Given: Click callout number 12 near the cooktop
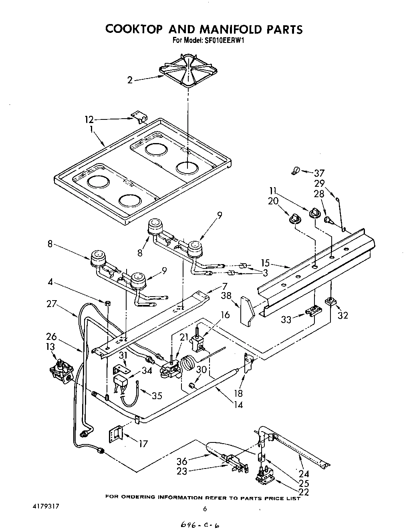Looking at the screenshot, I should pyautogui.click(x=89, y=119).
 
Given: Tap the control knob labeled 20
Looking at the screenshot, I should pyautogui.click(x=295, y=218).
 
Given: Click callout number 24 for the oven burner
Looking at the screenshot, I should pyautogui.click(x=304, y=473).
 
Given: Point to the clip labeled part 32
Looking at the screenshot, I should pyautogui.click(x=331, y=301).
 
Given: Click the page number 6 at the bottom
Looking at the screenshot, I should pyautogui.click(x=205, y=509).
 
